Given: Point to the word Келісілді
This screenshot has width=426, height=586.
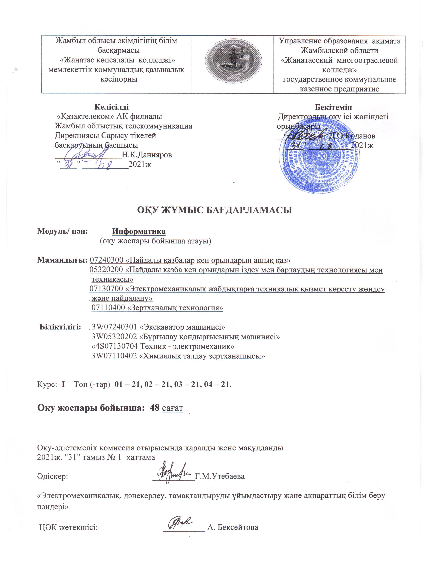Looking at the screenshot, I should click(x=112, y=107).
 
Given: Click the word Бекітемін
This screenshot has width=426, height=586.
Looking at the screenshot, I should click(x=333, y=107).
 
